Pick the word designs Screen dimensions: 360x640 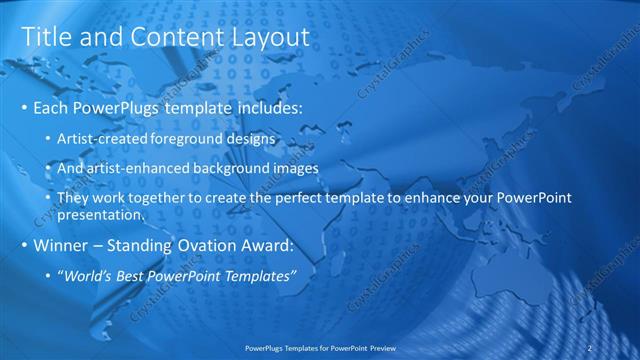coord(254,138)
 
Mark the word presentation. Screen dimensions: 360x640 coord(102,215)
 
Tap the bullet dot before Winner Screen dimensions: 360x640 coord(24,246)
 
